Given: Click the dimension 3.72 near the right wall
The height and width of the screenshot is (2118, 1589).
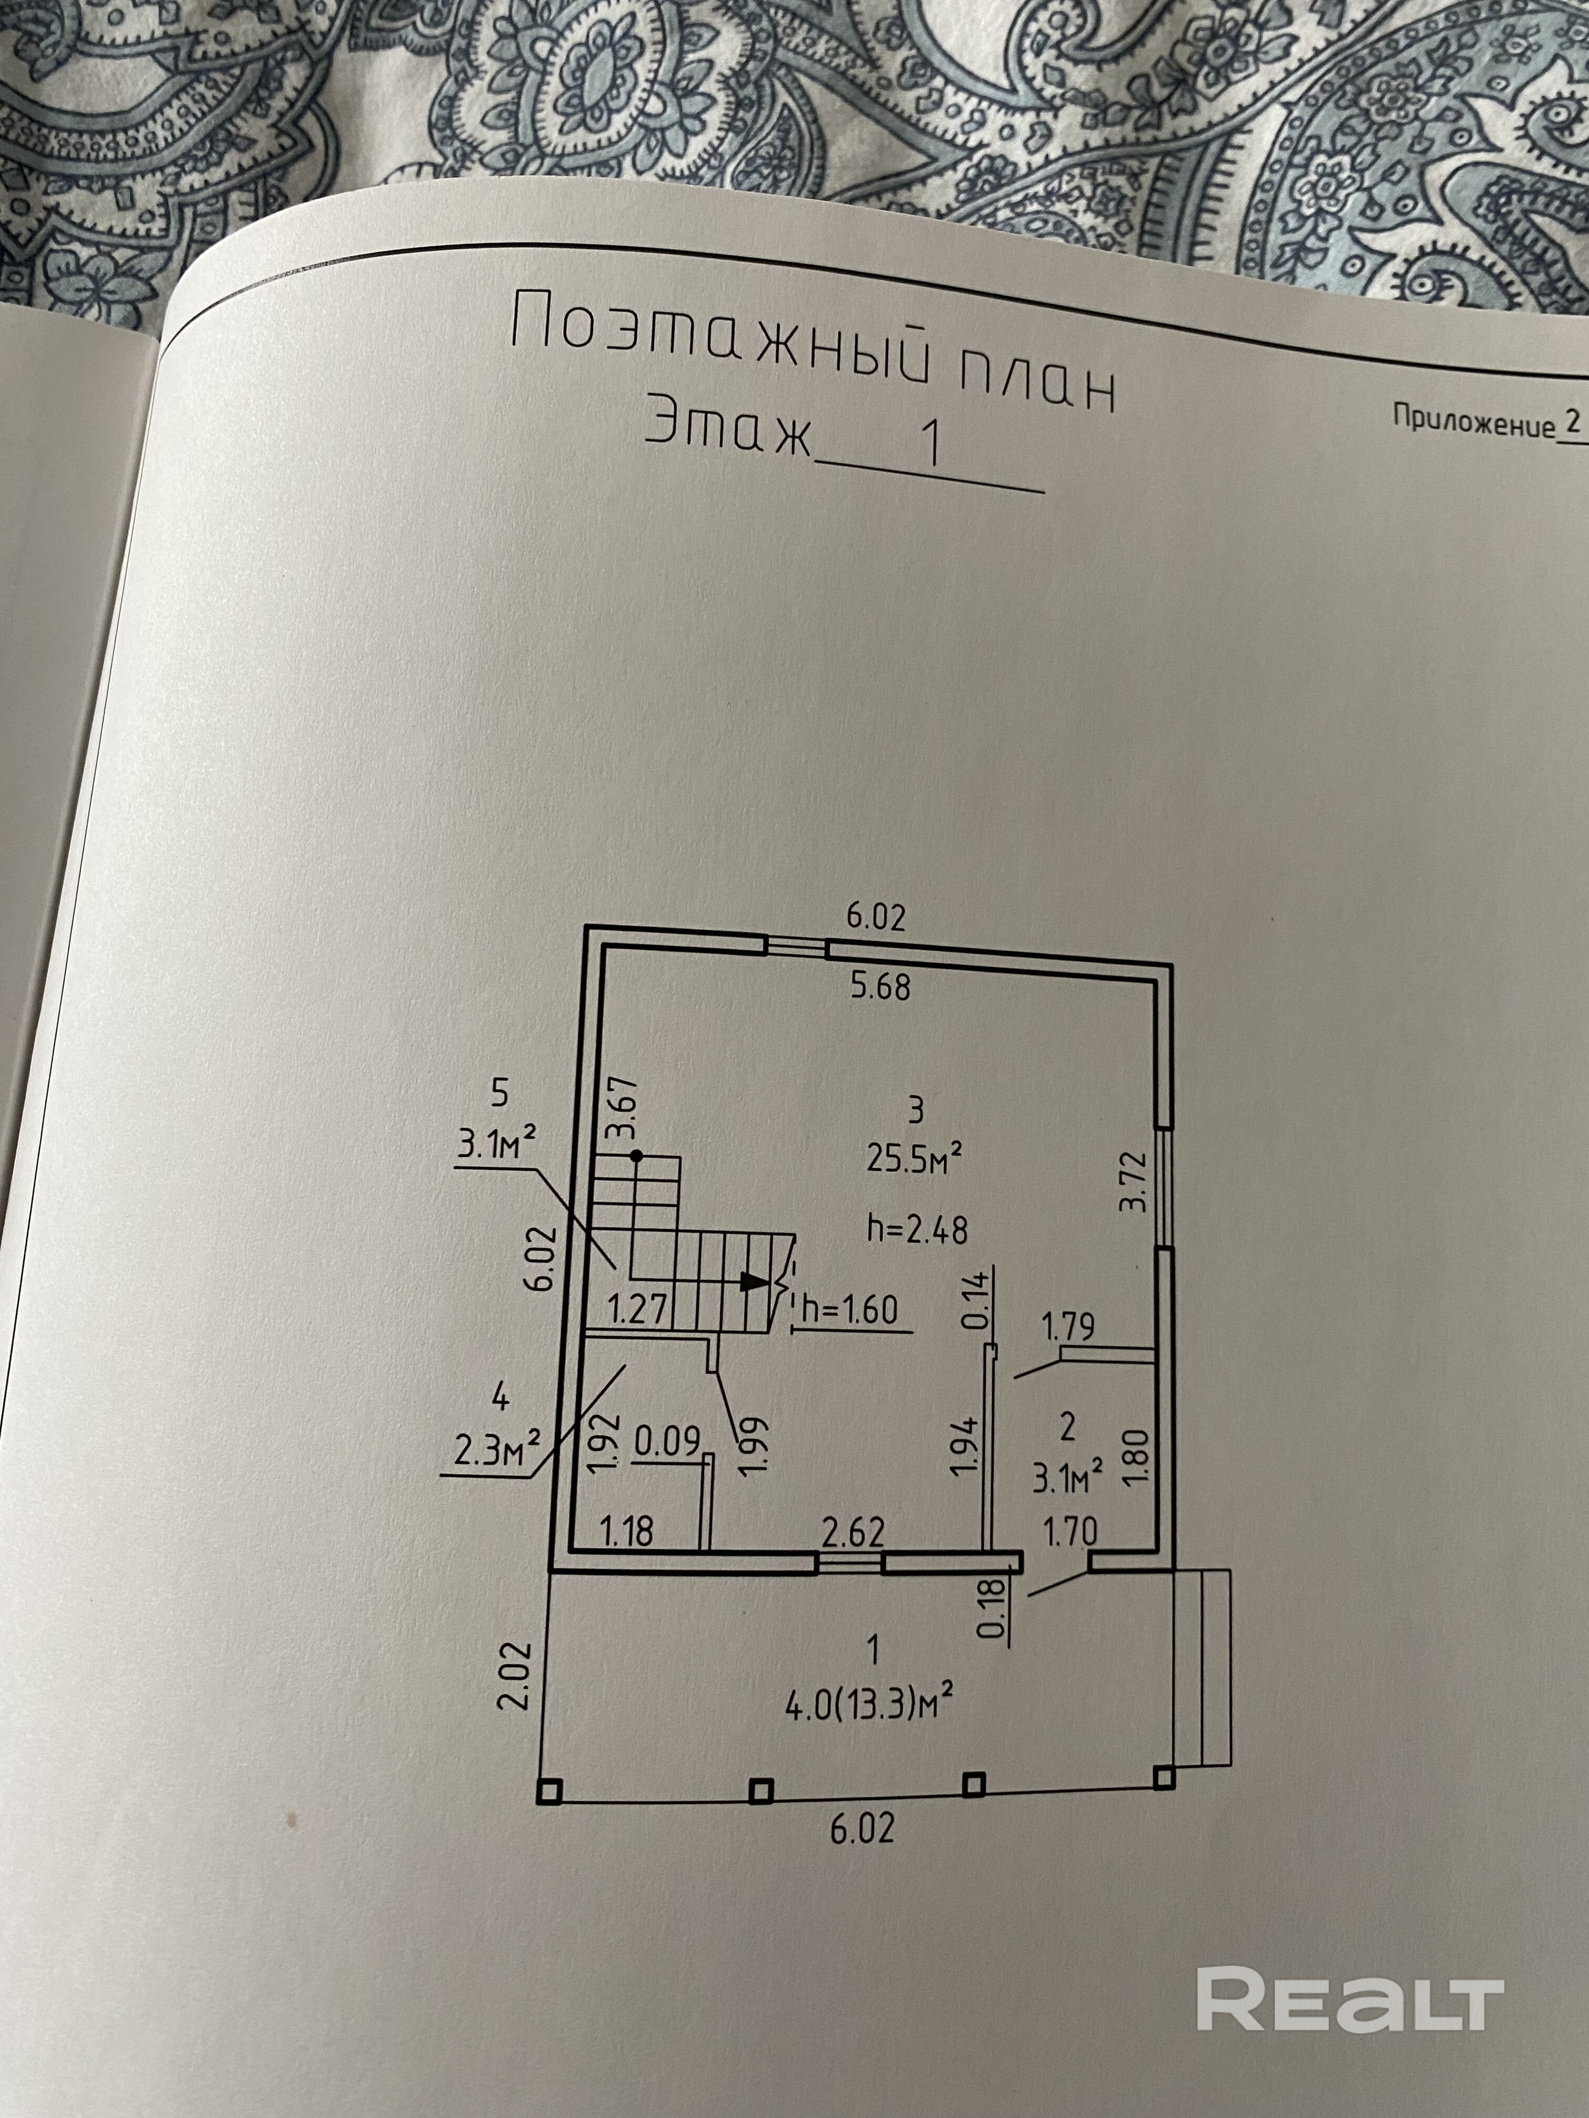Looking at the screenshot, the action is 1134,1181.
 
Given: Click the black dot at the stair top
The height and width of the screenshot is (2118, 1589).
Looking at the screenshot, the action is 636,1157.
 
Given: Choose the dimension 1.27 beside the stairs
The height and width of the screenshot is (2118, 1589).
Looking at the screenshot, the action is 638,1308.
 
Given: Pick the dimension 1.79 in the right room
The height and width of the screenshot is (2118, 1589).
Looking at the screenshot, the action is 1068,1327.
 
